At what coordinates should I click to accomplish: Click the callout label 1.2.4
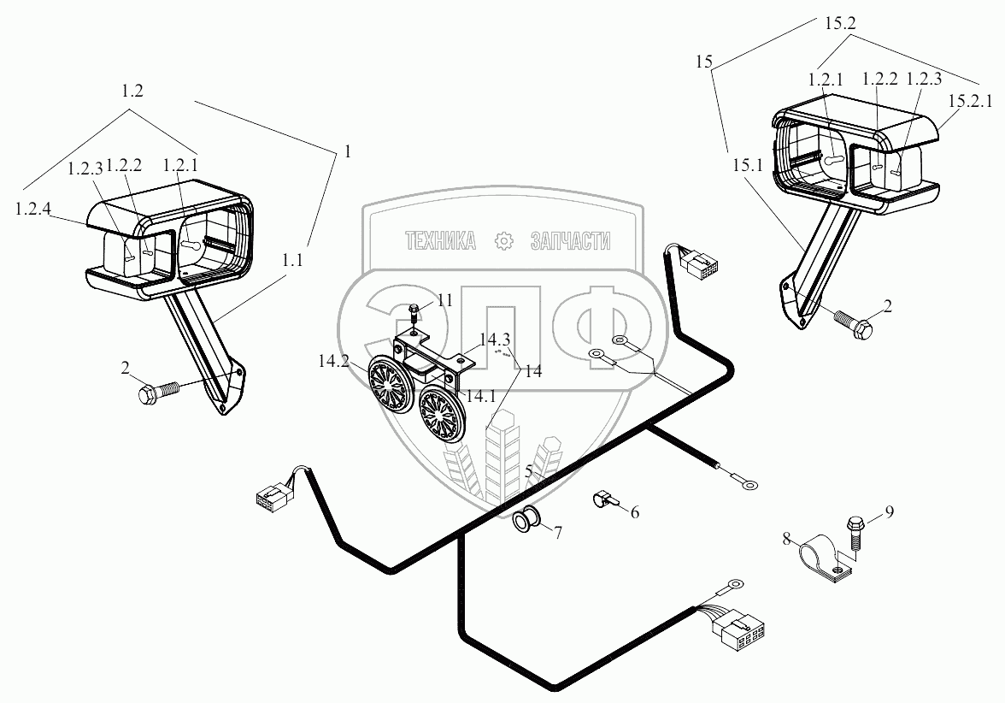point(31,208)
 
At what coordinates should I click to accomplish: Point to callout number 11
point(444,299)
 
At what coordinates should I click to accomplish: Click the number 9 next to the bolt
point(889,512)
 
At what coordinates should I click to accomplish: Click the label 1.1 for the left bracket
point(293,263)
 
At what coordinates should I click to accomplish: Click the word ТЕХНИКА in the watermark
point(440,242)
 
